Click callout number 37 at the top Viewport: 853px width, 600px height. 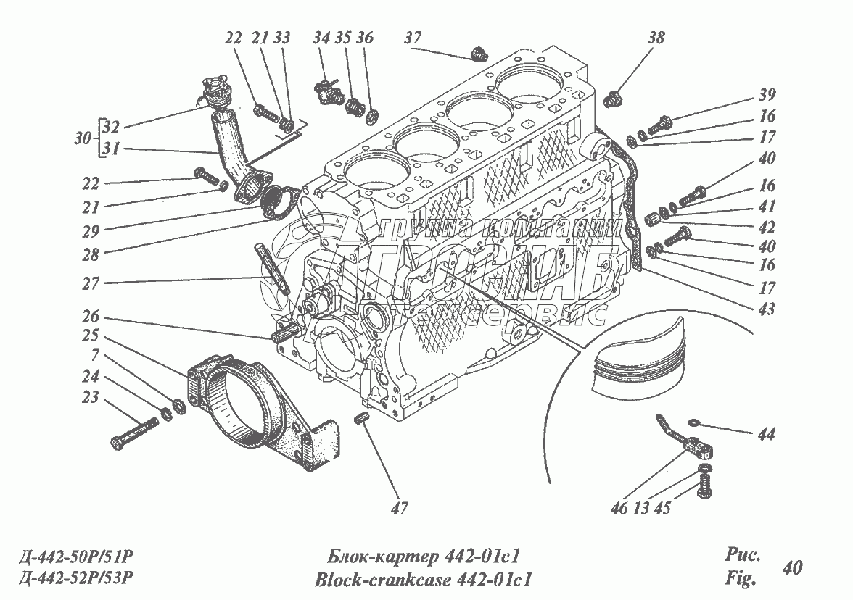coord(413,38)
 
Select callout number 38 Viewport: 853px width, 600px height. coord(656,38)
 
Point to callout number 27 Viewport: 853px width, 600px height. coord(91,283)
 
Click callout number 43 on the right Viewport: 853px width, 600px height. coord(767,309)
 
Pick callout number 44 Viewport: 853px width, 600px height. coord(767,434)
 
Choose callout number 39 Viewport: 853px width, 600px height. coord(767,94)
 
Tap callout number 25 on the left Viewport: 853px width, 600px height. coord(91,336)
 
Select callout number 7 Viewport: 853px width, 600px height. coord(95,355)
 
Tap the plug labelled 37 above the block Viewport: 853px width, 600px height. coord(478,54)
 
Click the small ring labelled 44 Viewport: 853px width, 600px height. coord(693,423)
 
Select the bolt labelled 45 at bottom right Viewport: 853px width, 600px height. coord(704,486)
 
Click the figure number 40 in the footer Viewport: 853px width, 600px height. coord(792,567)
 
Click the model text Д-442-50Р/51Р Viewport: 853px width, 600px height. coord(75,557)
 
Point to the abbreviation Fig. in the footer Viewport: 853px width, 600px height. coord(741,578)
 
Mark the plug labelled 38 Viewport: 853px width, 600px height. coord(613,99)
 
